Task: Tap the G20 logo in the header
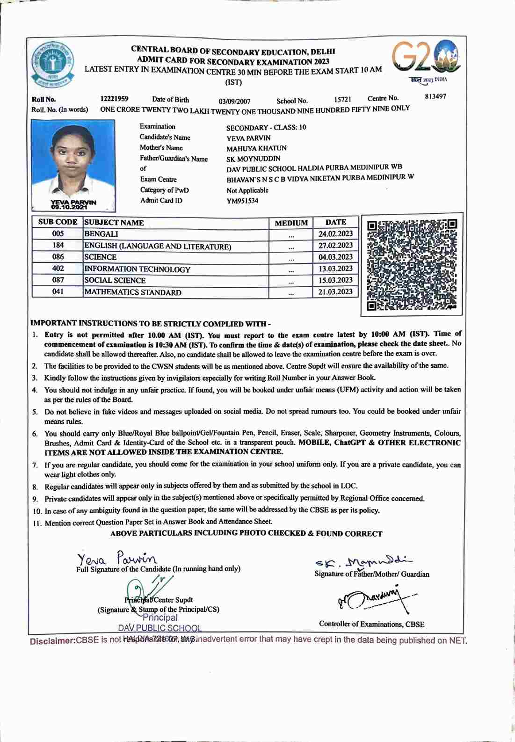tap(426, 58)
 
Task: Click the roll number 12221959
tap(114, 99)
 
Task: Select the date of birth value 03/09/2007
tap(234, 101)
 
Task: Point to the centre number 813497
tap(435, 96)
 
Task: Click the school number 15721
tap(342, 100)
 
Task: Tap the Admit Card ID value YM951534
tap(242, 201)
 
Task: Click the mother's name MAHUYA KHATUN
tap(256, 148)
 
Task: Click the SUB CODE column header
tap(58, 222)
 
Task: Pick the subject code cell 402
tap(58, 269)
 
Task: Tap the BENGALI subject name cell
tap(101, 234)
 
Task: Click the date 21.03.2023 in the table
tap(335, 291)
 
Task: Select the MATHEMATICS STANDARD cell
tap(133, 292)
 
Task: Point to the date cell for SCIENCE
tap(335, 257)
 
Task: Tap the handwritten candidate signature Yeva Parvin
tap(117, 558)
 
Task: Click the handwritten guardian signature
tap(363, 561)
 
